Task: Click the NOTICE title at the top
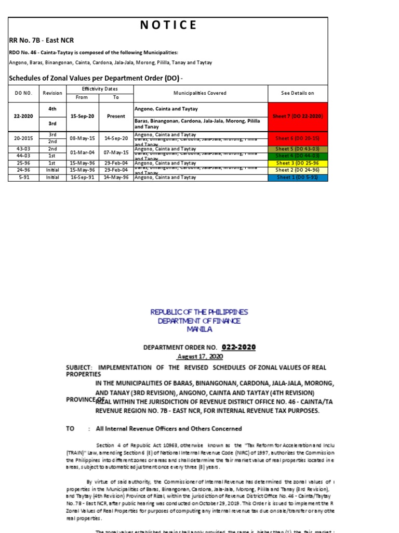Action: pyautogui.click(x=168, y=25)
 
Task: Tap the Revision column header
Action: pyautogui.click(x=52, y=93)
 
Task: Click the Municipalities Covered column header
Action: pyautogui.click(x=200, y=93)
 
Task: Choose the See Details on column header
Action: pyautogui.click(x=297, y=93)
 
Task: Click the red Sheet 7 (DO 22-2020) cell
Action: pyautogui.click(x=297, y=117)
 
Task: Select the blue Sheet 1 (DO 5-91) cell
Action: pyautogui.click(x=297, y=177)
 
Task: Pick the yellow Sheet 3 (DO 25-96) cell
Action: pyautogui.click(x=297, y=163)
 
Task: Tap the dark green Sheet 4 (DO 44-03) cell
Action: pyautogui.click(x=297, y=156)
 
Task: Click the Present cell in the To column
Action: pyautogui.click(x=116, y=117)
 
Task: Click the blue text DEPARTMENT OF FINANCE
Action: pyautogui.click(x=199, y=321)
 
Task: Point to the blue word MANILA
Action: pyautogui.click(x=199, y=329)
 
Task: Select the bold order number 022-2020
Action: pyautogui.click(x=238, y=347)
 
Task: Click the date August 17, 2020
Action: pyautogui.click(x=199, y=357)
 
